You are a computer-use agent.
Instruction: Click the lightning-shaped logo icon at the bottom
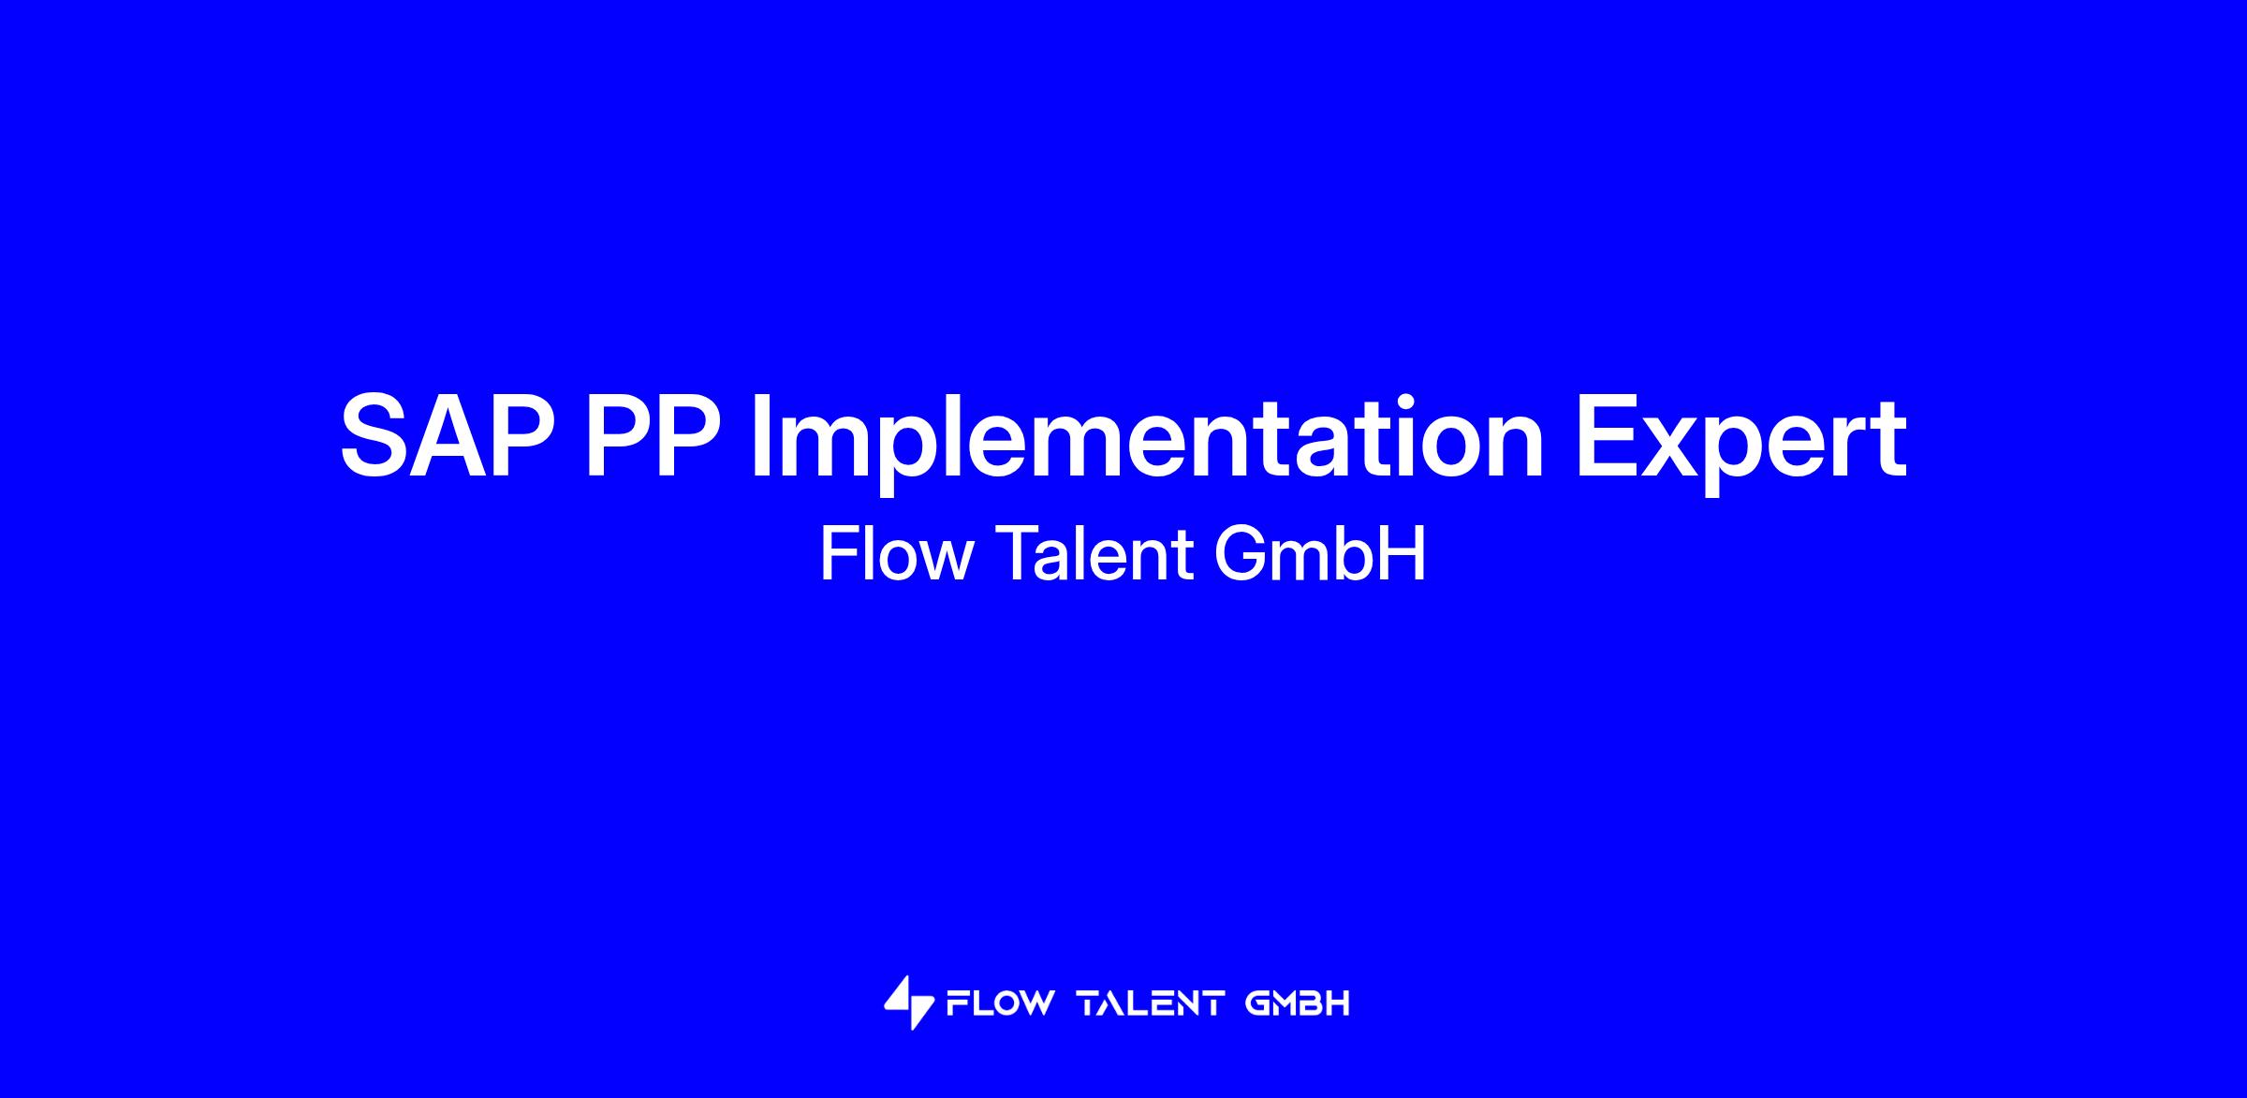pos(908,1003)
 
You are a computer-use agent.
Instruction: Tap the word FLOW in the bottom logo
pos(1000,1004)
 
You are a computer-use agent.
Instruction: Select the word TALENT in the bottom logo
pos(1151,1004)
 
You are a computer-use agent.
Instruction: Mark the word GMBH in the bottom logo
pos(1298,1004)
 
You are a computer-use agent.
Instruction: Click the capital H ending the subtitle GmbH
pos(1404,554)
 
